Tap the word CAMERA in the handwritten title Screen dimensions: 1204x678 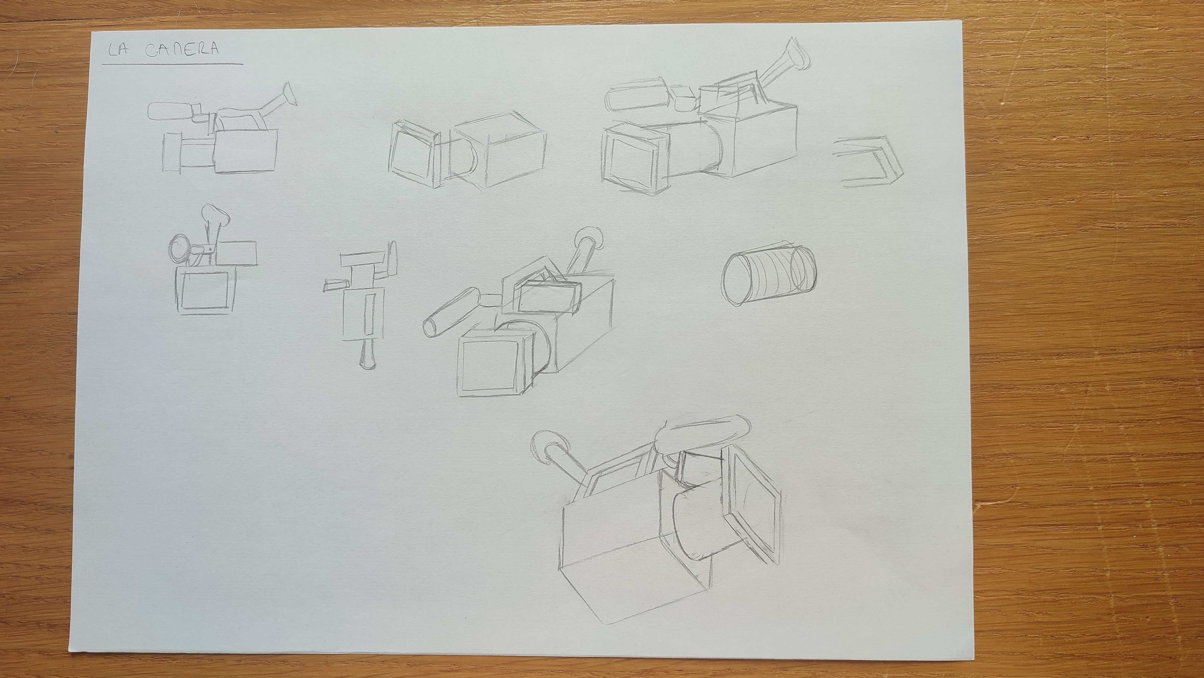pos(182,50)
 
